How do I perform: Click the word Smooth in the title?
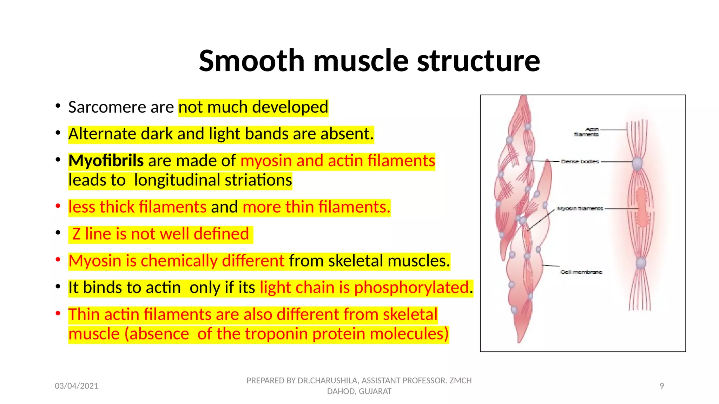252,61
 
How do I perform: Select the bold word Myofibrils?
106,161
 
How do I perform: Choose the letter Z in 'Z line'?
76,234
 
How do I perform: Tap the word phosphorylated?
411,288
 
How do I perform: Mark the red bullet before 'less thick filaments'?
58,206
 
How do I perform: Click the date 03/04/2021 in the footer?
76,386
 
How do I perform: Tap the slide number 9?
661,386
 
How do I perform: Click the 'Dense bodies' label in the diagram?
580,162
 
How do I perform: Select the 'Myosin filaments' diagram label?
580,209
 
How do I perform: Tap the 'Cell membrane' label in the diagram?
581,272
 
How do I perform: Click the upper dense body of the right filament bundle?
637,163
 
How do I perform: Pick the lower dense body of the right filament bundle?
641,263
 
